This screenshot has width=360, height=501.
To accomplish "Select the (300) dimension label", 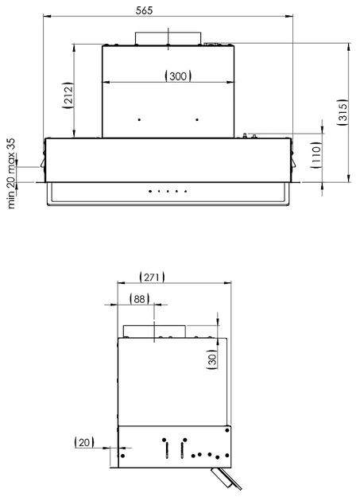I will point(177,76).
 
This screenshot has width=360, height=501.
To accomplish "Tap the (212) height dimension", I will point(68,95).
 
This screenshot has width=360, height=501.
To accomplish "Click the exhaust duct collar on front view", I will point(168,39).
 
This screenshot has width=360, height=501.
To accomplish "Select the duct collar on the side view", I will point(153,331).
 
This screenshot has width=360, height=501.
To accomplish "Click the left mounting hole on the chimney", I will point(139,119).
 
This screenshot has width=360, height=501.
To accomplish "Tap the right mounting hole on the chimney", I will point(196,119).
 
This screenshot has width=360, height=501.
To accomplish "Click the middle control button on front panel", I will point(168,191).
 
